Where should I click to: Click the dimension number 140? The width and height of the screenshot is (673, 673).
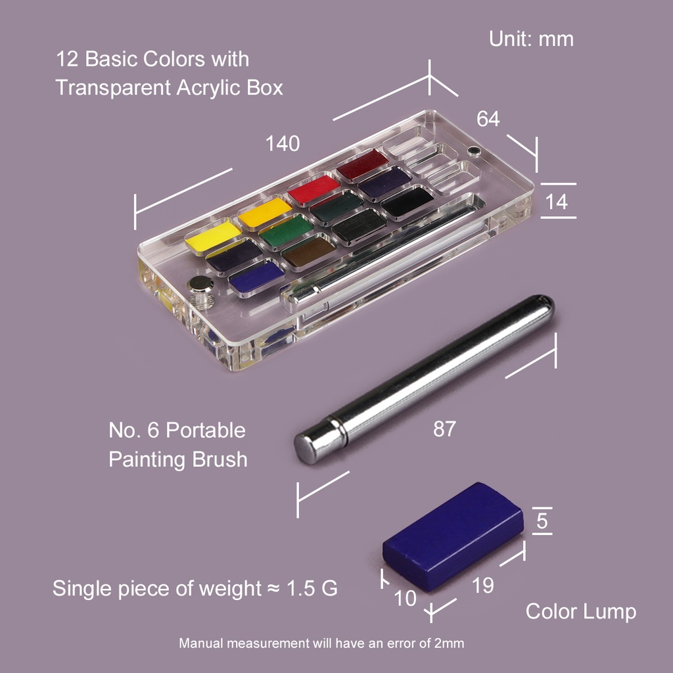[x=283, y=143]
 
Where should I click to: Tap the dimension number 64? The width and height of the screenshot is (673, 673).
[x=488, y=119]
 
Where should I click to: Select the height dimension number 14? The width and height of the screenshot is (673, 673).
[x=557, y=201]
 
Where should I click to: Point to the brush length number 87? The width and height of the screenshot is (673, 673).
[x=444, y=429]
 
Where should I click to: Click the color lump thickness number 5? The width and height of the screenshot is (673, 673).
[x=542, y=521]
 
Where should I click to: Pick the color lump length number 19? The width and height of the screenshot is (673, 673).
[x=483, y=586]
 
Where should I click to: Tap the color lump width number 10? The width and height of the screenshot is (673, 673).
[x=406, y=599]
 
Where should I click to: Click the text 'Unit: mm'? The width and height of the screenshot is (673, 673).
[x=531, y=39]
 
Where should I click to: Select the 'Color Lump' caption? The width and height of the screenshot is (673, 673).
[x=580, y=612]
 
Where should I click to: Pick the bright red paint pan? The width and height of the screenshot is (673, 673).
[x=313, y=189]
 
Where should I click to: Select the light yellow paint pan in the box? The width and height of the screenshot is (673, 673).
[x=213, y=237]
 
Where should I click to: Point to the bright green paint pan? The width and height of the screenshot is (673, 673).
[x=286, y=230]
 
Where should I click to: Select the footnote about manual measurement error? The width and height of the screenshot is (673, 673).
[x=321, y=643]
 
